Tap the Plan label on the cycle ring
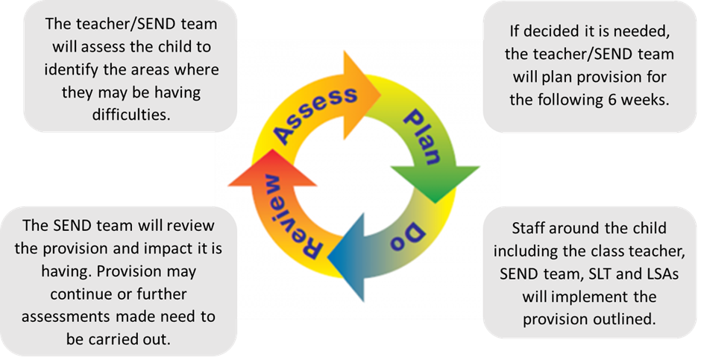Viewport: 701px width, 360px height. point(424,136)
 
